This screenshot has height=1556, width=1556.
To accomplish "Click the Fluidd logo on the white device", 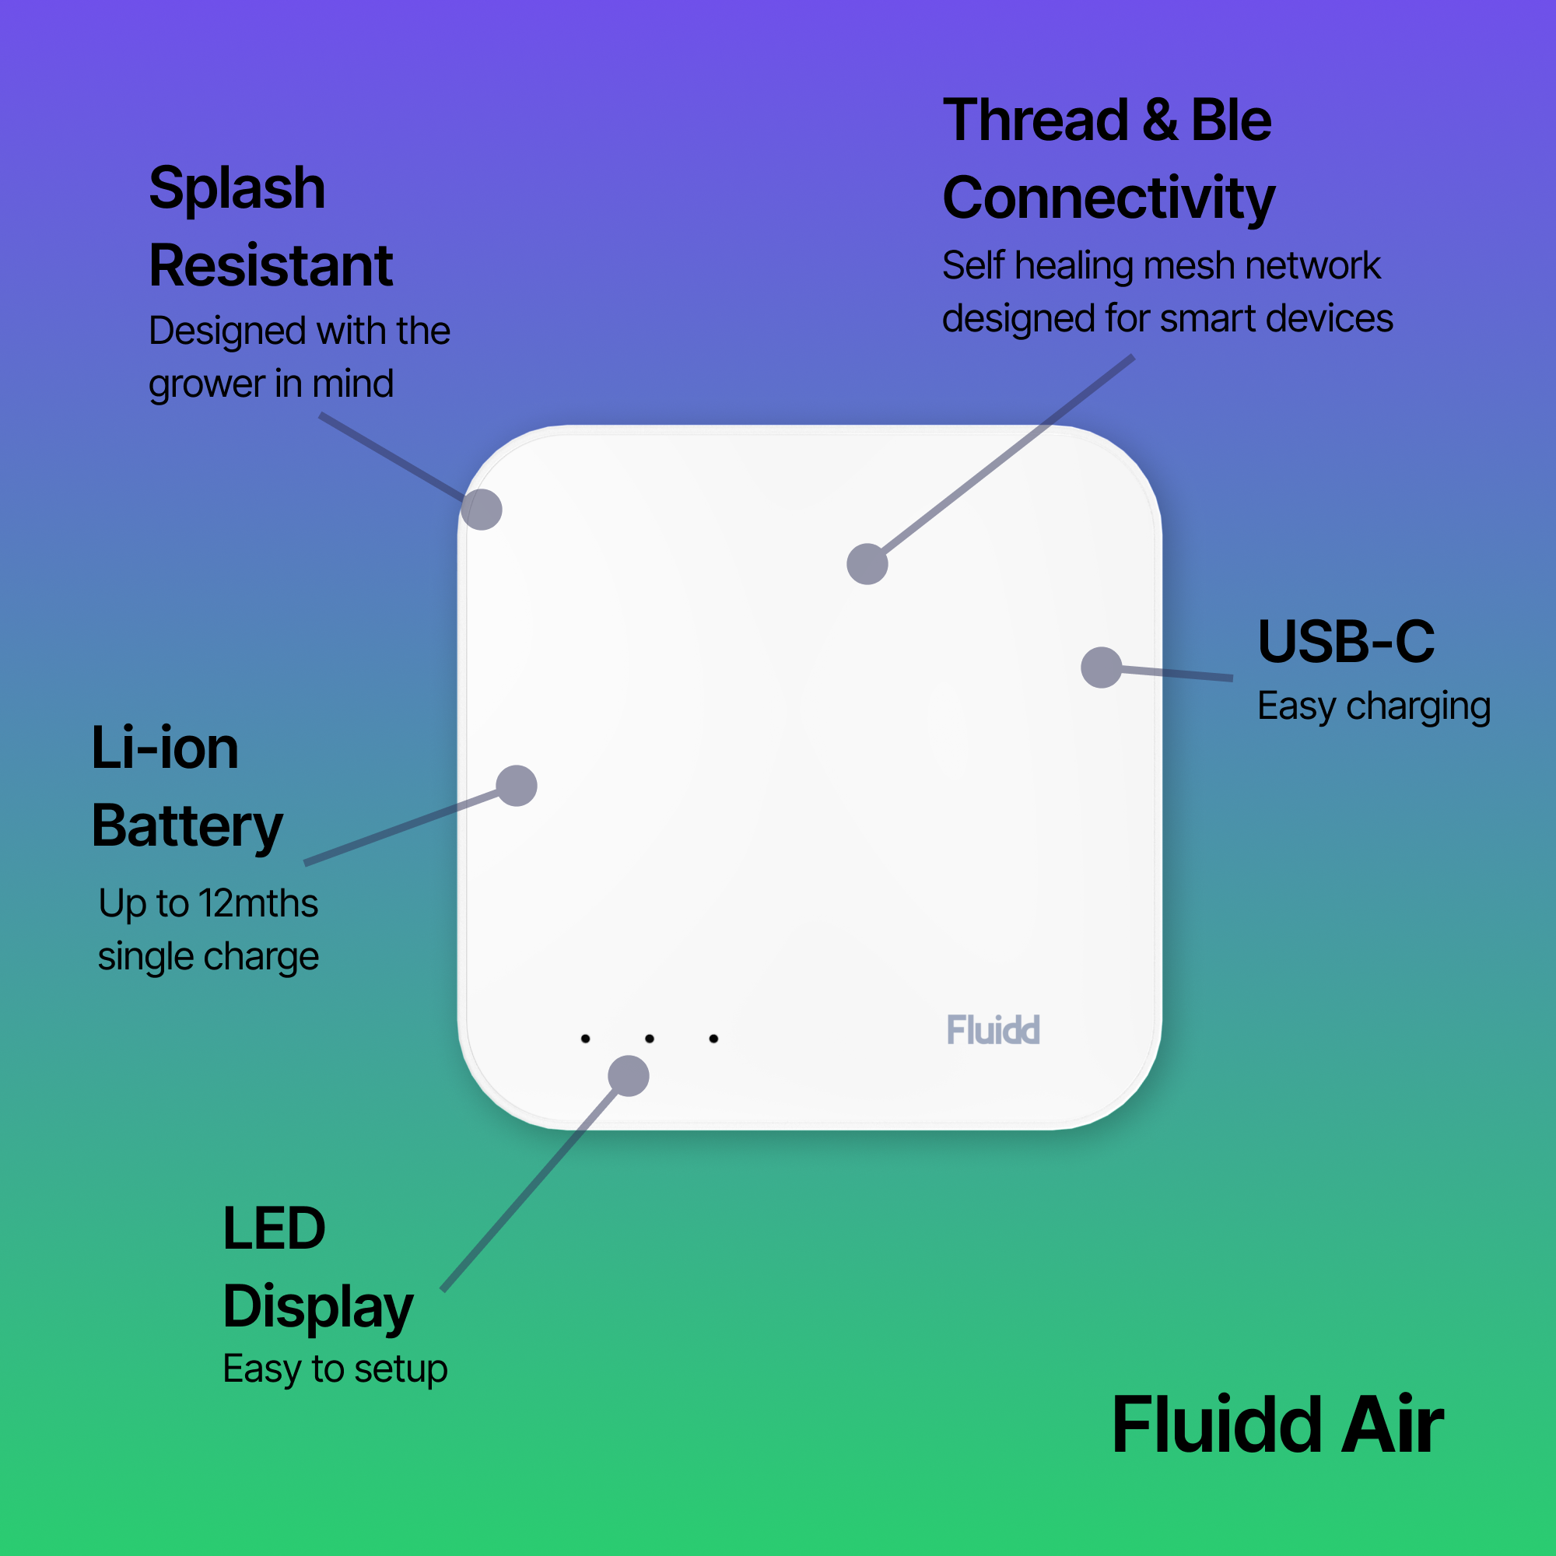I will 993,1030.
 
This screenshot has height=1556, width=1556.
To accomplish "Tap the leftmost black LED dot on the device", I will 586,1039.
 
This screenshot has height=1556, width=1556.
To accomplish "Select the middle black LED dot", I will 650,1039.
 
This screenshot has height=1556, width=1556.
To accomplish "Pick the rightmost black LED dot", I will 713,1039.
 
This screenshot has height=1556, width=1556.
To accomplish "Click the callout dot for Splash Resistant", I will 482,510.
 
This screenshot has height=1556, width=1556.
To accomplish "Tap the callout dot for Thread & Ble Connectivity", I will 867,564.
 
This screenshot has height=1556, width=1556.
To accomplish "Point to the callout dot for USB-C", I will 1101,668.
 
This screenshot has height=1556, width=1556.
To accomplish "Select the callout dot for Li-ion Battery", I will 517,785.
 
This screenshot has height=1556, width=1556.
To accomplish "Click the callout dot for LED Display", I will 628,1076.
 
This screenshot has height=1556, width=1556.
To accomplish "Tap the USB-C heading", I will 1346,642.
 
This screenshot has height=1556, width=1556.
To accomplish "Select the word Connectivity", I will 1108,198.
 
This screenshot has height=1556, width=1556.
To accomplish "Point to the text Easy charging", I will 1373,706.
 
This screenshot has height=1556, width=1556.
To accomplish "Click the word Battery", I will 187,827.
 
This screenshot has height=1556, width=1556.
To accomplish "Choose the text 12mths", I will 258,902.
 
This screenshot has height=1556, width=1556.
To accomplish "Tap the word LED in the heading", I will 274,1228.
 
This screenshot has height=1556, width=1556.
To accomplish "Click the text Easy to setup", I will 335,1369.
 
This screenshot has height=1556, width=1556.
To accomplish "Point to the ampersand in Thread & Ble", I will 1159,121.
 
